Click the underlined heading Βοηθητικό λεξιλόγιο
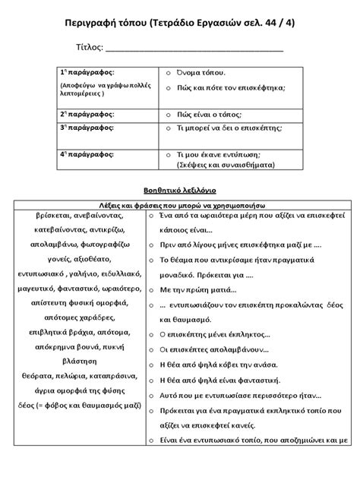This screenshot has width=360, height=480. point(180,190)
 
